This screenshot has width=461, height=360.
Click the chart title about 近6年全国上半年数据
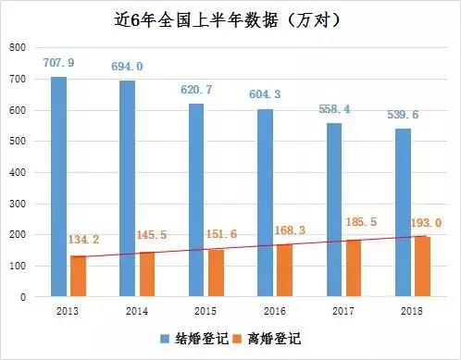click(230, 19)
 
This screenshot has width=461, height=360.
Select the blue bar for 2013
click(58, 186)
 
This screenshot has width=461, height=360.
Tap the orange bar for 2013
click(78, 276)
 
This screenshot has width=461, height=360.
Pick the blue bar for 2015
click(195, 200)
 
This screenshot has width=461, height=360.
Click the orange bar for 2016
click(284, 270)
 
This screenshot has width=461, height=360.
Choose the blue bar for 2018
click(403, 213)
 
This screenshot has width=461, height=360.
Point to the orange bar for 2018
click(422, 267)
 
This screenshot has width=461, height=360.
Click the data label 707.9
click(59, 63)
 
